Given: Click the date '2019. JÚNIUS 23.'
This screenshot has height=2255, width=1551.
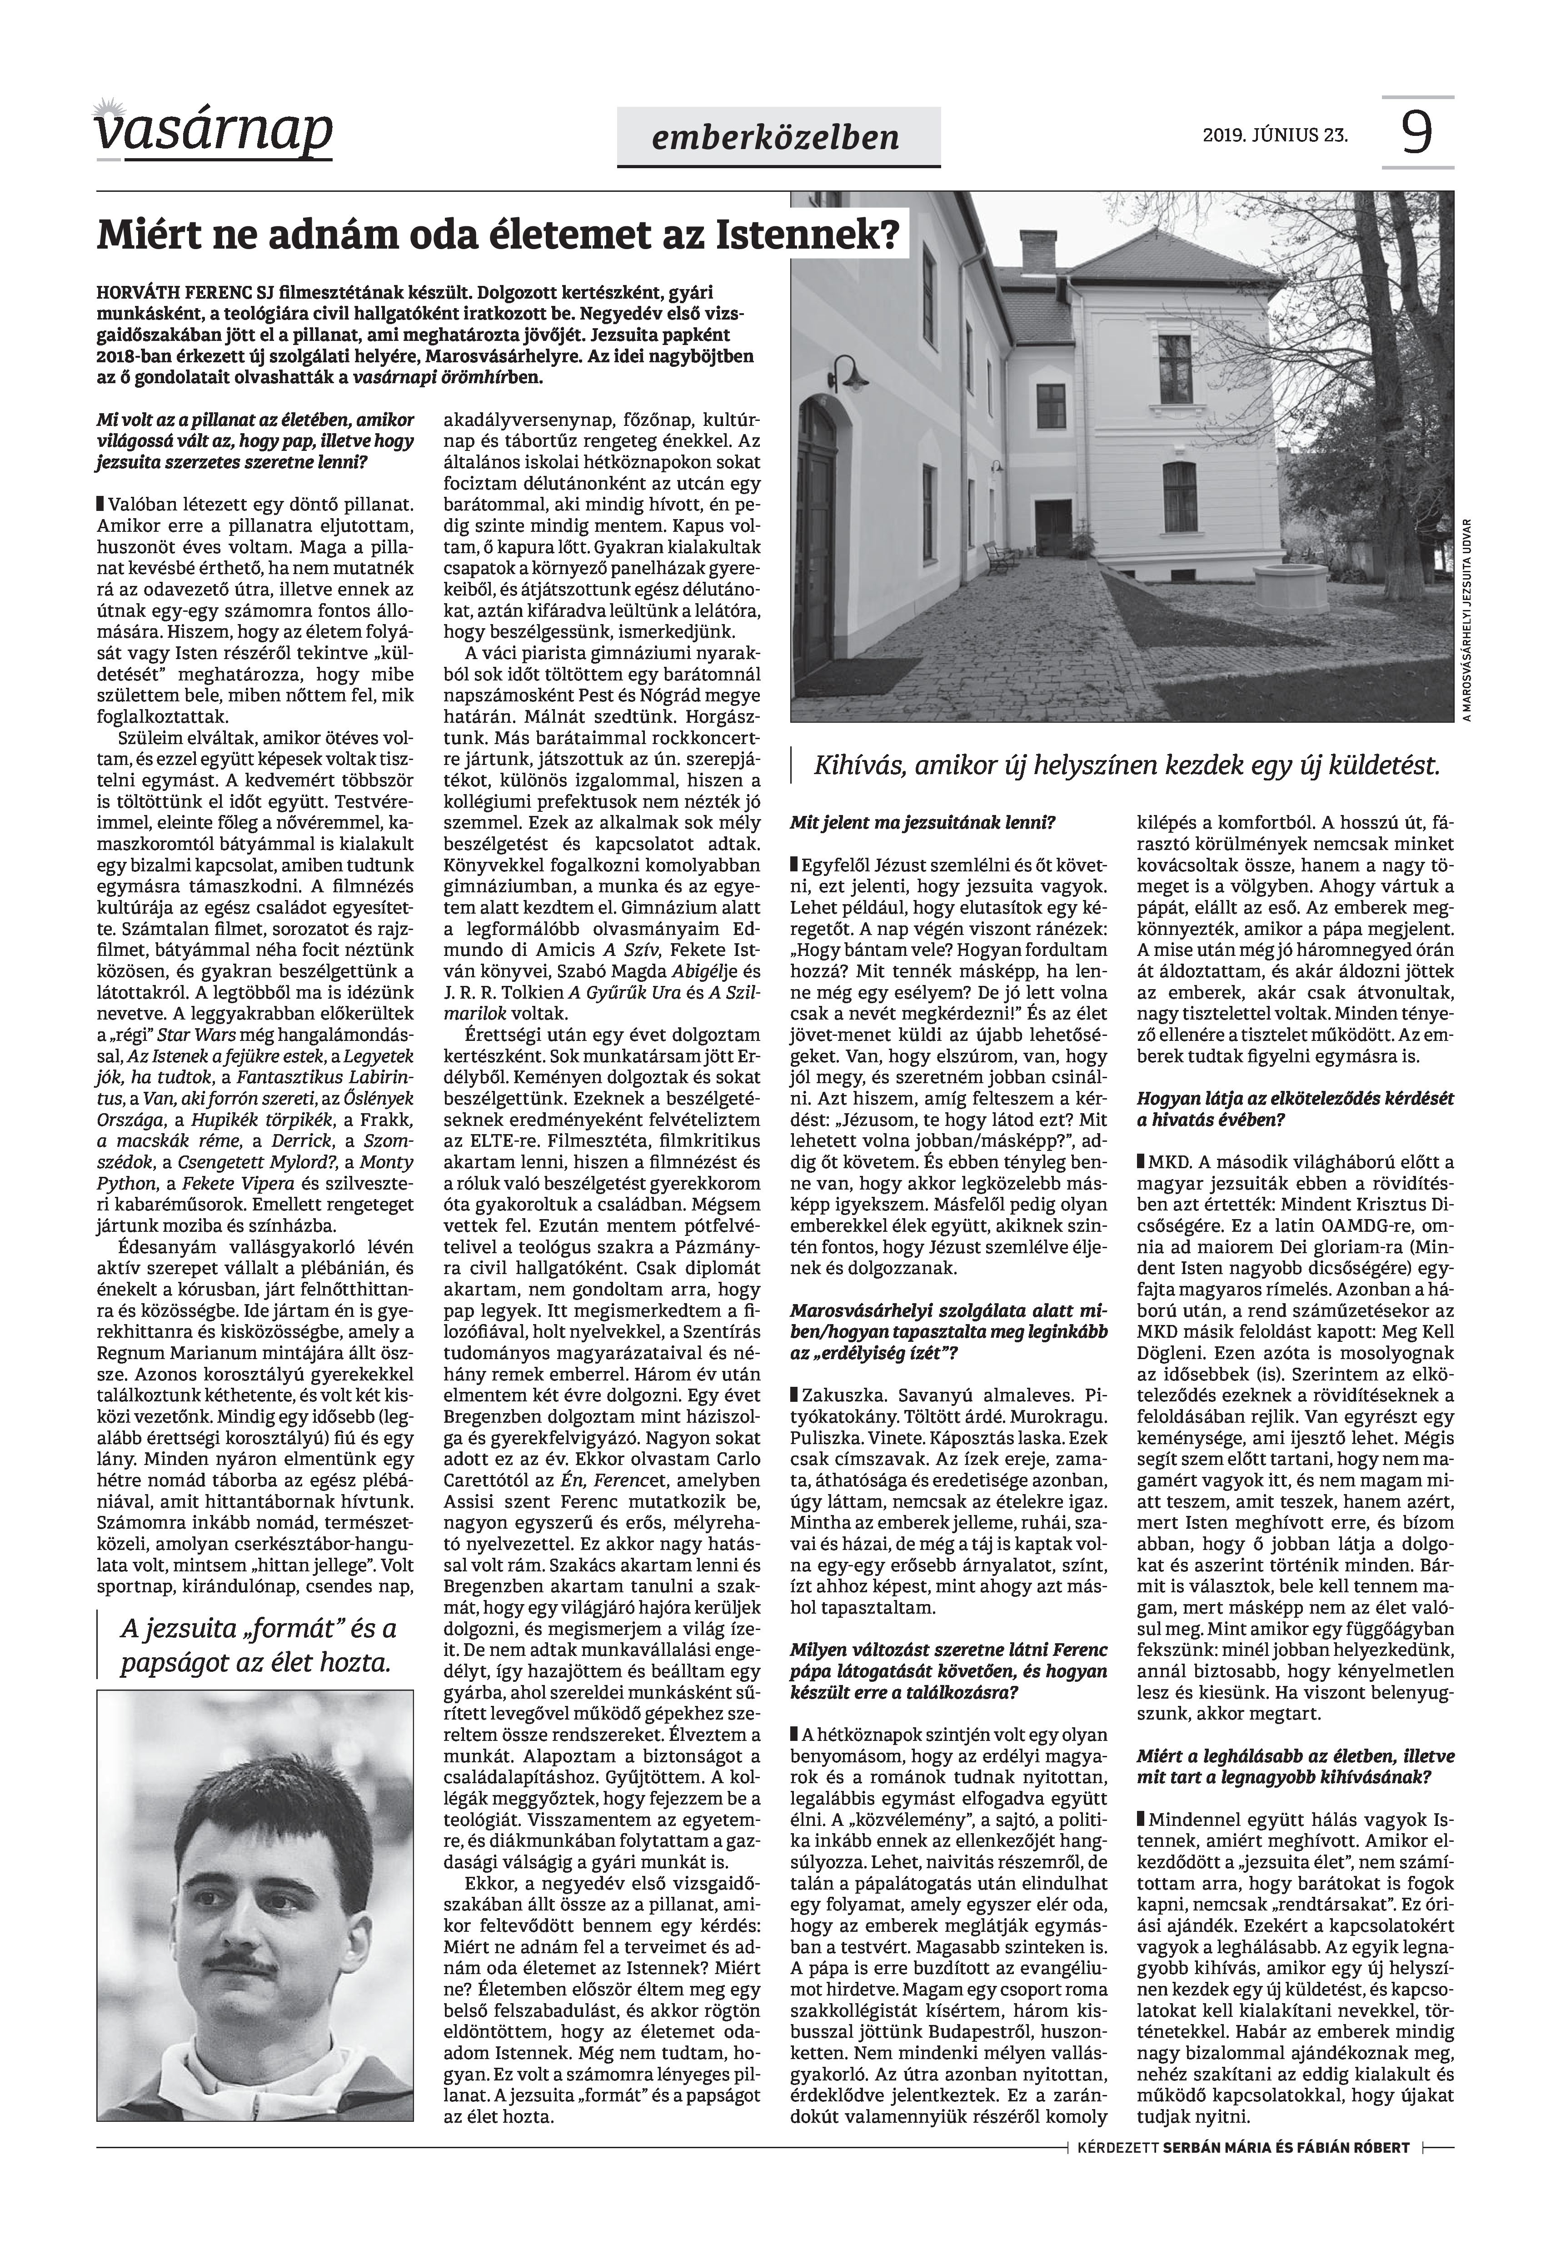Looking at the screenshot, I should pos(1275,135).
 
